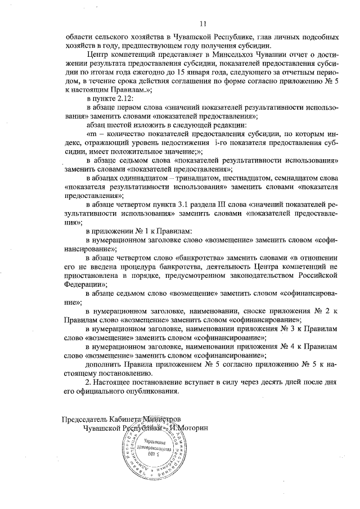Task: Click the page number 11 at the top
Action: pos(203,23)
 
